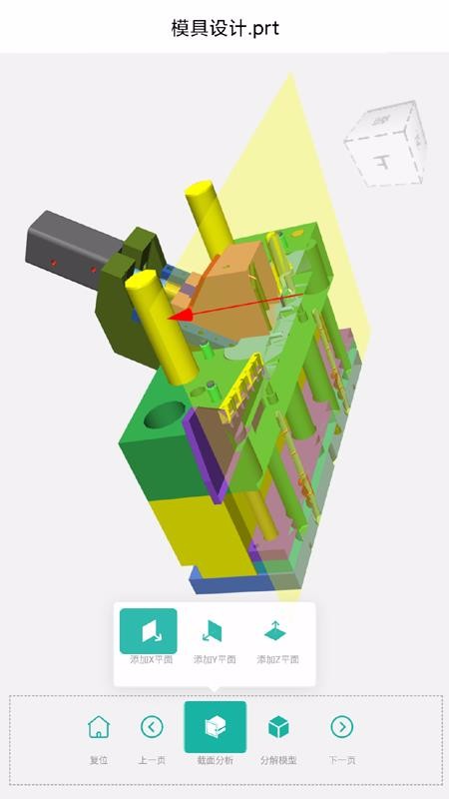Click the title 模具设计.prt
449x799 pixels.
coord(225,28)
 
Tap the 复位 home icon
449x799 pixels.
coord(99,727)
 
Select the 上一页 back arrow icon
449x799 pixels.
coord(152,727)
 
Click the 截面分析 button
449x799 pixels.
coord(215,727)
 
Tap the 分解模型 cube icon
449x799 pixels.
coord(278,727)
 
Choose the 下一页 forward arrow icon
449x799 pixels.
coord(341,727)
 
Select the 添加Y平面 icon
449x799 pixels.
coord(213,631)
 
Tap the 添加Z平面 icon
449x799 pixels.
coord(275,631)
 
